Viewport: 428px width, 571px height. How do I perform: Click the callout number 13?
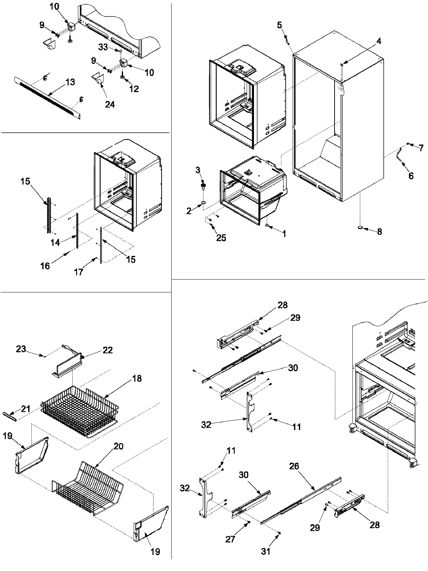[x=70, y=82]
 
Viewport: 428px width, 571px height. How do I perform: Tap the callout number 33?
[x=103, y=47]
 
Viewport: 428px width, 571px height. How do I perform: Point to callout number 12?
[x=134, y=89]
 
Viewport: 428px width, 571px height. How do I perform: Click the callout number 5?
[x=279, y=25]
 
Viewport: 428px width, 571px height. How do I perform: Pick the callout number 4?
[x=378, y=41]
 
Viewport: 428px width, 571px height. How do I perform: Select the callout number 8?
[x=379, y=232]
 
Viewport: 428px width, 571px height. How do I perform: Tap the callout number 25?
[x=221, y=238]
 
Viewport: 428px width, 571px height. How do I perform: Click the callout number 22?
[x=108, y=350]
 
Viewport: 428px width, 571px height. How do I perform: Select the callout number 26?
[x=294, y=466]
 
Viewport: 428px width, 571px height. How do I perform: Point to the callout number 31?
[x=265, y=551]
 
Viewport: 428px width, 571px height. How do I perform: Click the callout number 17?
[x=78, y=272]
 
